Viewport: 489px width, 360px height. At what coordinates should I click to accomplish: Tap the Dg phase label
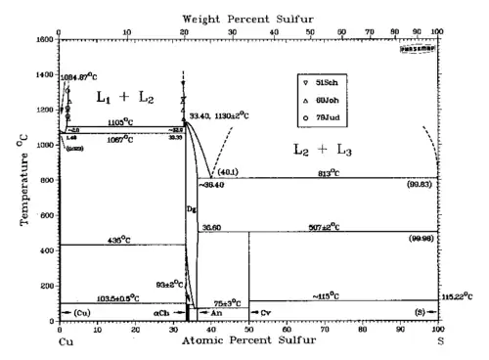point(191,209)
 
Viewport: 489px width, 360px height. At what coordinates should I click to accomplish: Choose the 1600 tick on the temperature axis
point(45,39)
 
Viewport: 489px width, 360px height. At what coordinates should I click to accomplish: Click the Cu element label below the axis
point(67,343)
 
